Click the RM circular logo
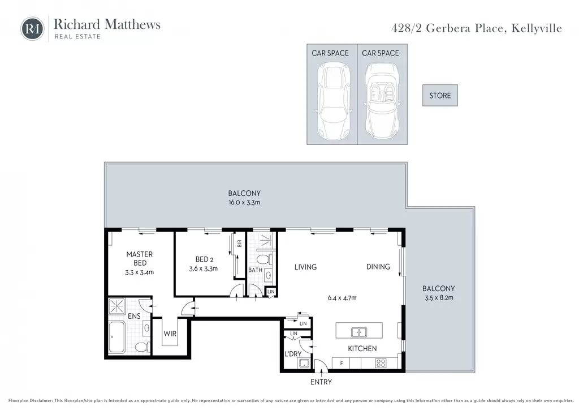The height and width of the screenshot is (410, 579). tap(32, 28)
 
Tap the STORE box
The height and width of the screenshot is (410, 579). tap(440, 95)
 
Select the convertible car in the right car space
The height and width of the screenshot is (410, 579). tap(382, 101)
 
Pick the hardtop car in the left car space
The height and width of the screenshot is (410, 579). tap(333, 101)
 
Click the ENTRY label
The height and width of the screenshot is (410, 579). tap(321, 382)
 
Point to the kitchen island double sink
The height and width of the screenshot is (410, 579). tap(358, 332)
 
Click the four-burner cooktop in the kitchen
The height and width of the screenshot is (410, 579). tap(381, 363)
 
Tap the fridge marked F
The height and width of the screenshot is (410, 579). tap(341, 363)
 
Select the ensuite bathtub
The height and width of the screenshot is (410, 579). tap(117, 337)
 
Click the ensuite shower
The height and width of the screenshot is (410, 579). tap(116, 306)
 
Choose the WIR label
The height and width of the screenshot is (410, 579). tap(170, 334)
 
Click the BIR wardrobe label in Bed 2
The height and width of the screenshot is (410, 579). tap(239, 244)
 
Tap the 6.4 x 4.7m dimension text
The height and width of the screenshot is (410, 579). tap(342, 298)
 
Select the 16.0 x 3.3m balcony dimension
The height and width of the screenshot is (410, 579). tap(244, 202)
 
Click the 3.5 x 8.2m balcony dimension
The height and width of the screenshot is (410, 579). tap(439, 298)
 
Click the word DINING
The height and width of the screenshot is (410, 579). tap(378, 267)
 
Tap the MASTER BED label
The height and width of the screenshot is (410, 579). tap(140, 258)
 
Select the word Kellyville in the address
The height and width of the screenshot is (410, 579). tap(537, 28)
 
